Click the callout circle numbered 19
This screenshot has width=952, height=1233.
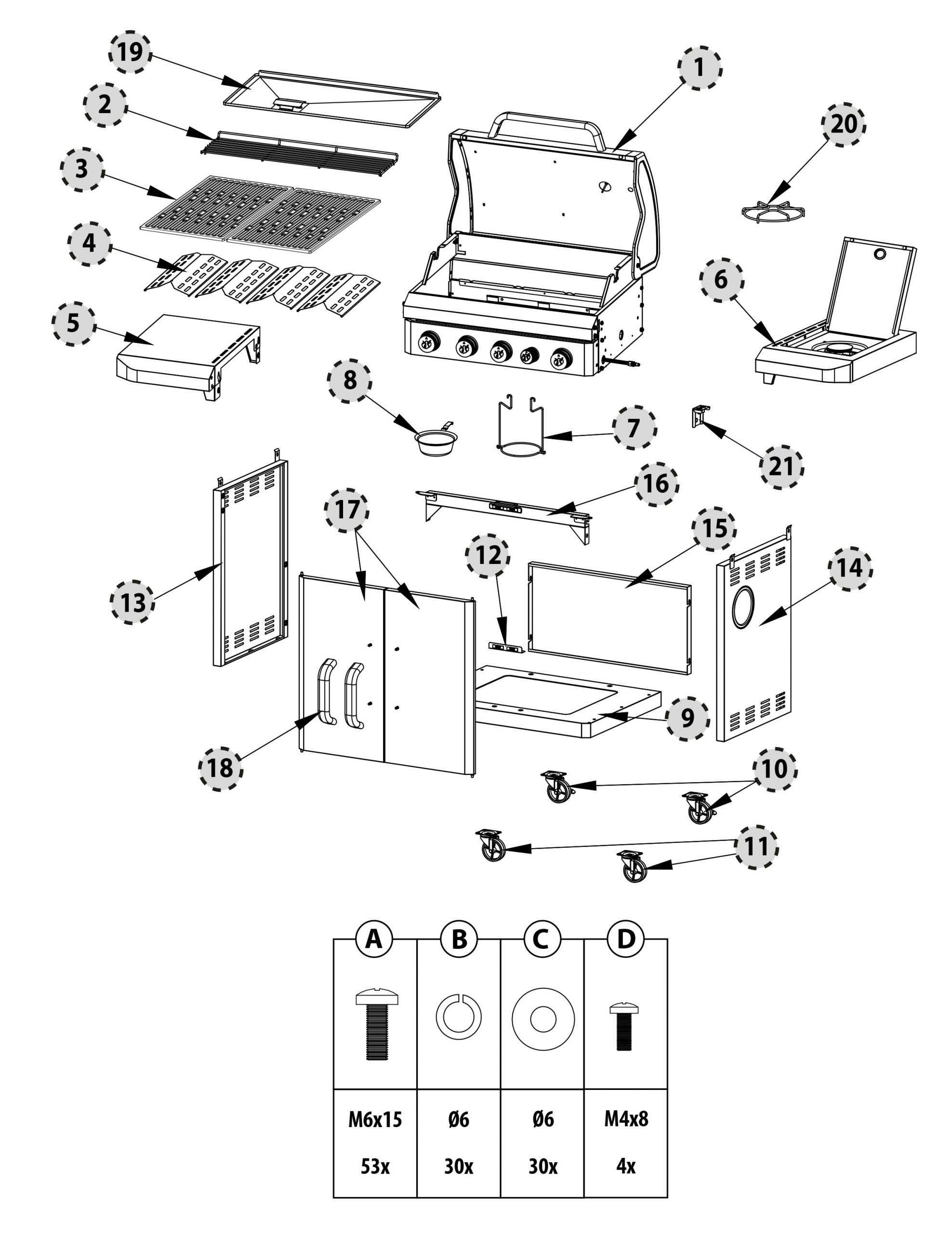(x=130, y=52)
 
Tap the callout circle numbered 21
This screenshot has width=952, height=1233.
(x=781, y=467)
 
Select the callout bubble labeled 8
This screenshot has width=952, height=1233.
(x=349, y=380)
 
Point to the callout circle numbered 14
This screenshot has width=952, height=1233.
(x=850, y=568)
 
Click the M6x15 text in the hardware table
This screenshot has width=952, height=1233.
(x=375, y=1118)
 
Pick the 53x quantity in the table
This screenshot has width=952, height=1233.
(x=375, y=1166)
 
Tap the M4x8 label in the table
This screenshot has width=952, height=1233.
(x=626, y=1118)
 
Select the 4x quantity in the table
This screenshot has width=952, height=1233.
(x=626, y=1166)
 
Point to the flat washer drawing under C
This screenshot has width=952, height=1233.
(x=542, y=1020)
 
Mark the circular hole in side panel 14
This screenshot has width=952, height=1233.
(x=742, y=607)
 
